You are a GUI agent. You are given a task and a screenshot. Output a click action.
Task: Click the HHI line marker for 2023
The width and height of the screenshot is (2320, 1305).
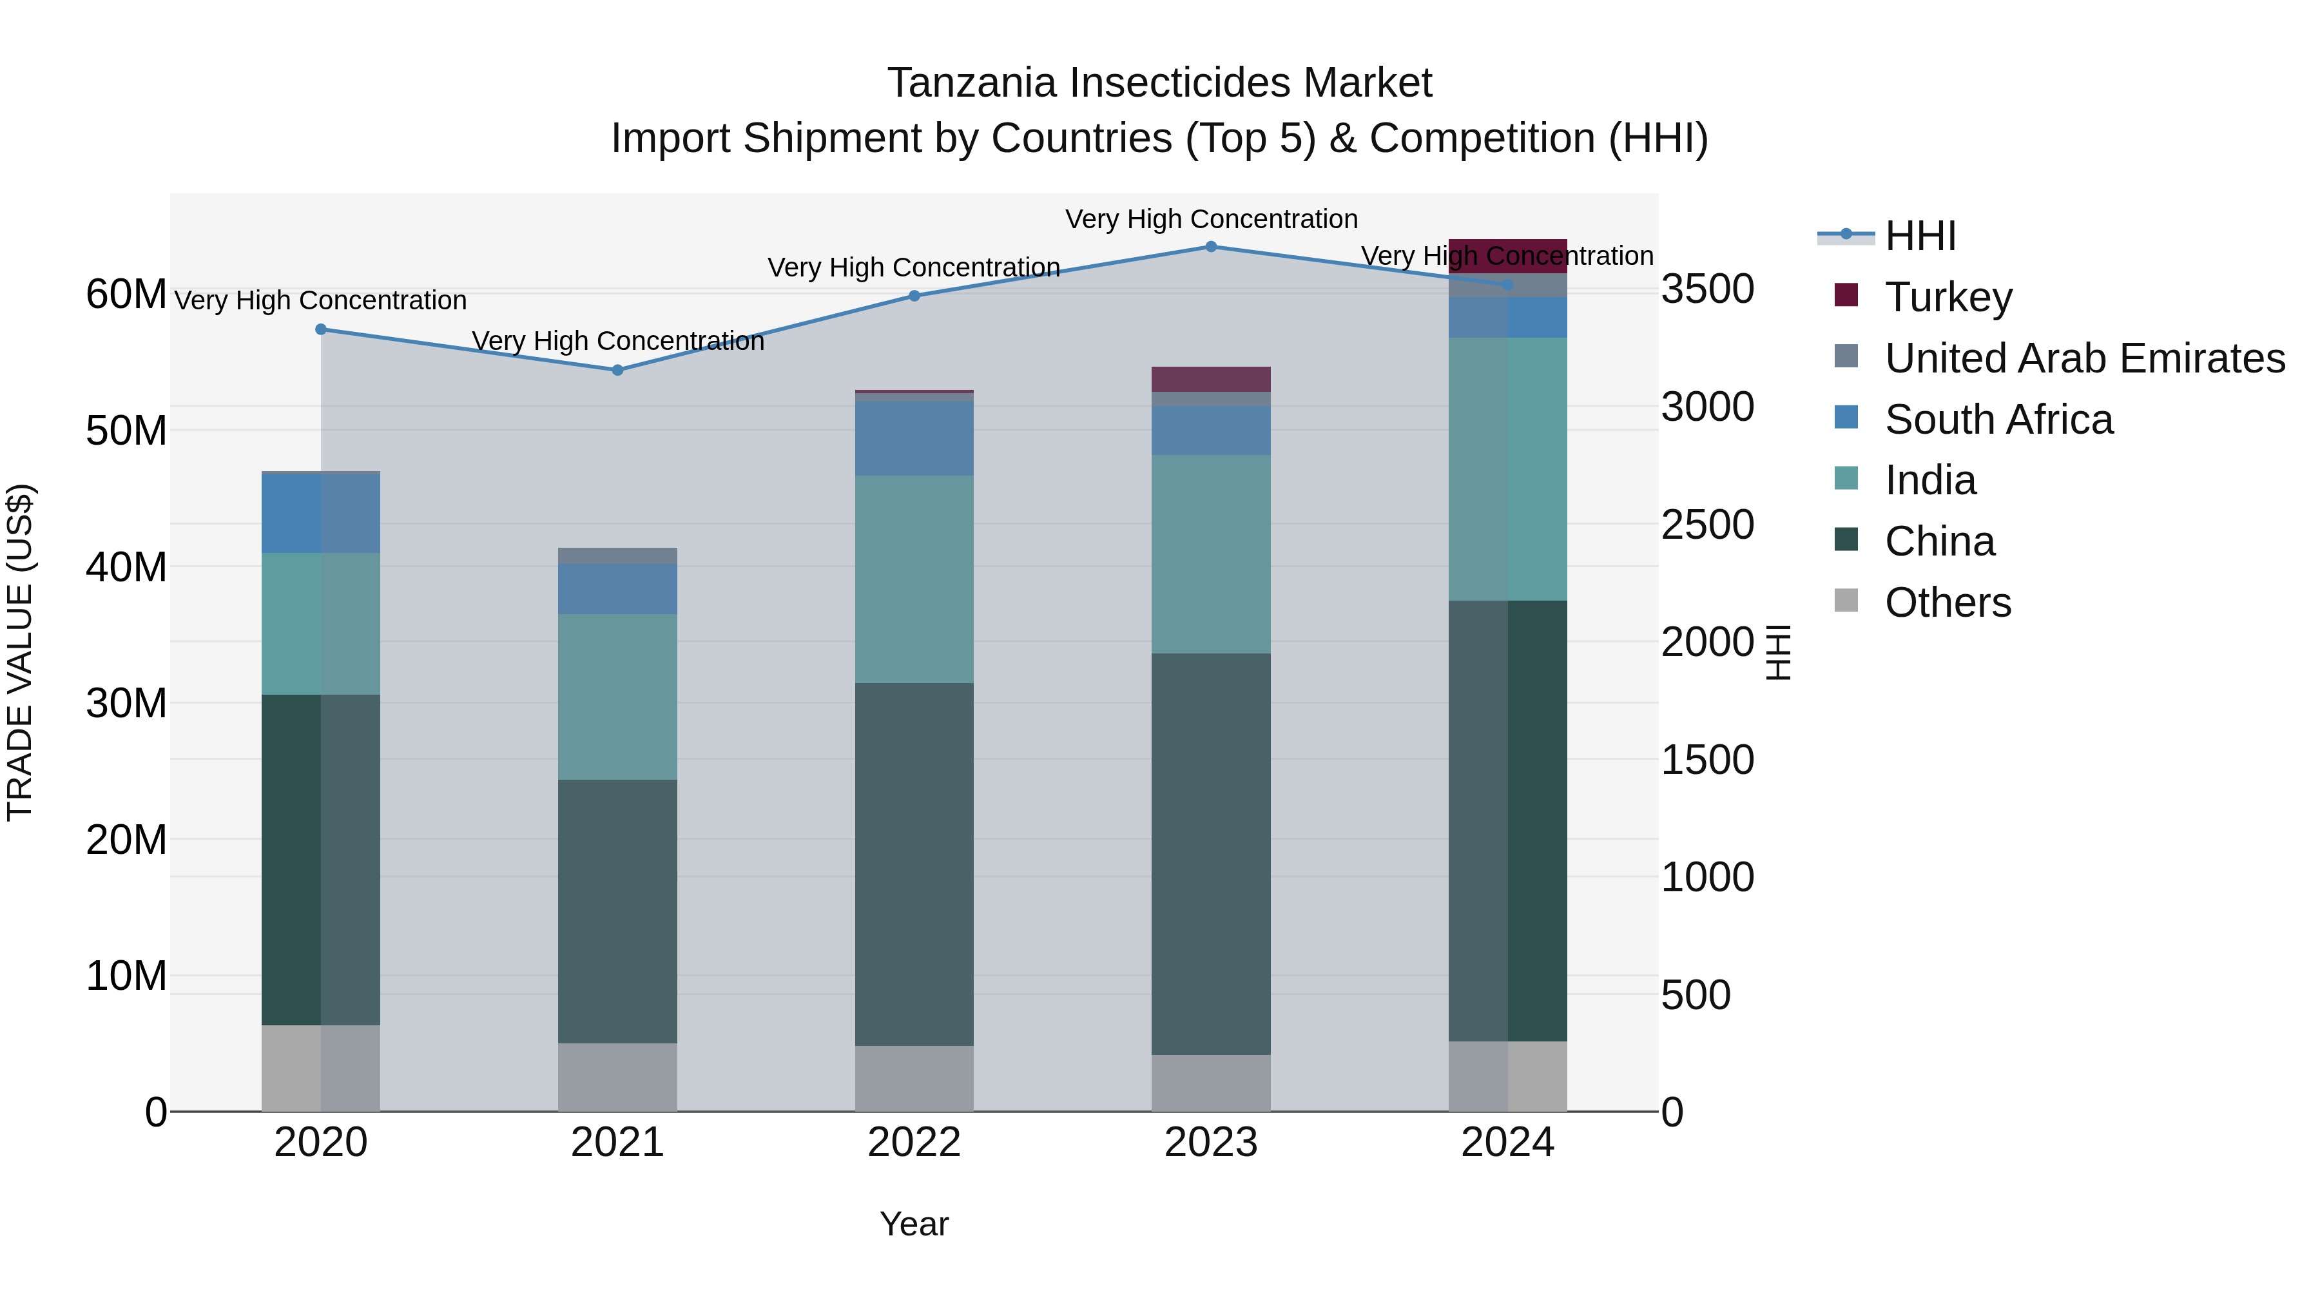tap(1210, 247)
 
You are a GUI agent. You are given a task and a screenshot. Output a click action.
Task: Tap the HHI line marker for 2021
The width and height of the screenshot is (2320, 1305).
tap(617, 370)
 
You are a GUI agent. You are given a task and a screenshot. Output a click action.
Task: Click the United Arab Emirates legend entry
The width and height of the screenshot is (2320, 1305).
tap(2084, 358)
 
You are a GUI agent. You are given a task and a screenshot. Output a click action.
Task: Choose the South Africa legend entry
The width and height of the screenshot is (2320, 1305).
tap(1998, 420)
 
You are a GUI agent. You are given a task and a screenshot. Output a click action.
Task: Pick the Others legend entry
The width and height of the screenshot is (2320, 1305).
tap(1947, 603)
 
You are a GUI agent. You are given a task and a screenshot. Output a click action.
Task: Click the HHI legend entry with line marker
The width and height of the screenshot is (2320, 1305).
tap(1919, 236)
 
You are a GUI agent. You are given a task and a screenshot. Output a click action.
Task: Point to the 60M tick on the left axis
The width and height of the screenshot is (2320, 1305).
tap(126, 295)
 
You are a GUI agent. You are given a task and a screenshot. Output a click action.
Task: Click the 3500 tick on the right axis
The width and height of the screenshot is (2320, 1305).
tap(1706, 290)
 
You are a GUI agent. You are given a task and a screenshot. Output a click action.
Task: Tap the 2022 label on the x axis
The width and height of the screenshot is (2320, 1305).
tap(913, 1143)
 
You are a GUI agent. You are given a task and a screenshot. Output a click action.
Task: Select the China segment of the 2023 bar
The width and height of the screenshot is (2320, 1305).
tap(1210, 854)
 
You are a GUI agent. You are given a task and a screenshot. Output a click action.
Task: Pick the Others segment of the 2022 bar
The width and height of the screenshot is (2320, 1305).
tap(913, 1078)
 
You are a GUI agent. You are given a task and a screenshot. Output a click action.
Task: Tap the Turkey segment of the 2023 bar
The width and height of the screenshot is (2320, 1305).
tap(1210, 379)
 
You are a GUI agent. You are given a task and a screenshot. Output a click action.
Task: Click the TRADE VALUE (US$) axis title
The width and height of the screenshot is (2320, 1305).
tap(20, 652)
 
